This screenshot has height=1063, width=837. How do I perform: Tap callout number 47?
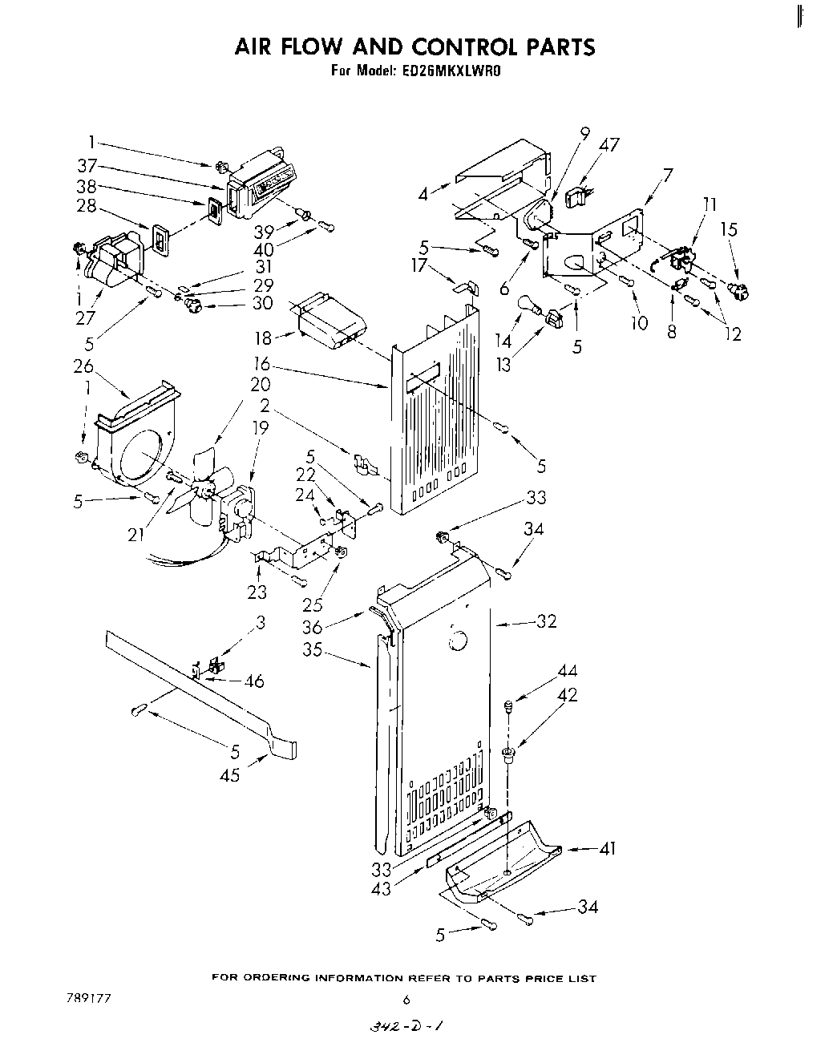609,145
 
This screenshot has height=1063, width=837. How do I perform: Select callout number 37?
87,166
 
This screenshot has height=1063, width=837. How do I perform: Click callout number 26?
84,366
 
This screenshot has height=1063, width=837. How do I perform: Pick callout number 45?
229,775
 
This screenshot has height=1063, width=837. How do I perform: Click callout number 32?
546,620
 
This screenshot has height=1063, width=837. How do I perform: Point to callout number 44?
568,671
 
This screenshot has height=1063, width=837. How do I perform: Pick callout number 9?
584,133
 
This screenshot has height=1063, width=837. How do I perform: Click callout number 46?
254,681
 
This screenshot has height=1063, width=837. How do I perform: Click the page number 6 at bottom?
406,1000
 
